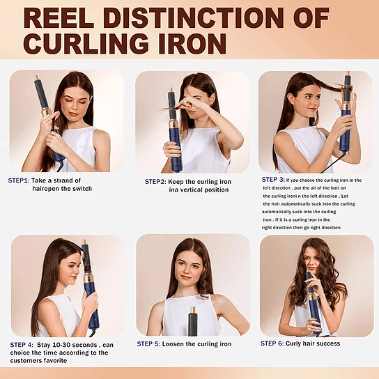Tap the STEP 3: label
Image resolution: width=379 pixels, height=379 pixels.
point(273,179)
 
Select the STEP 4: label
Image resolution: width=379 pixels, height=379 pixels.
point(23,344)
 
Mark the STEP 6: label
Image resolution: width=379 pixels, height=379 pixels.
point(274,343)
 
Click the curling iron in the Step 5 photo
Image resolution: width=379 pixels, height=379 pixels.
point(193,324)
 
